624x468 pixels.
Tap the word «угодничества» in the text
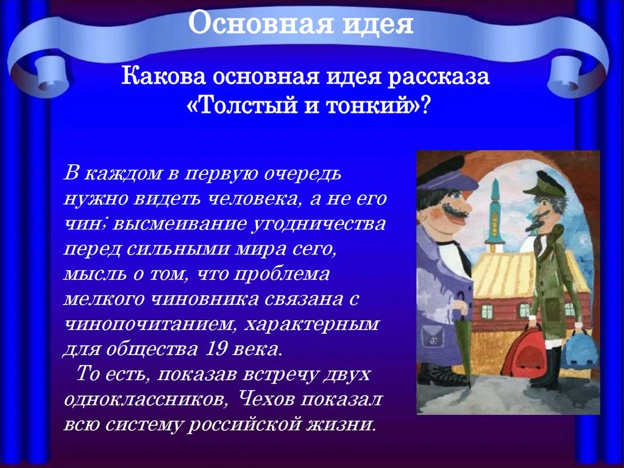pos(319,225)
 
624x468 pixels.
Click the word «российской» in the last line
pos(244,424)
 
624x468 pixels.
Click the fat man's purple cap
pos(445,175)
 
